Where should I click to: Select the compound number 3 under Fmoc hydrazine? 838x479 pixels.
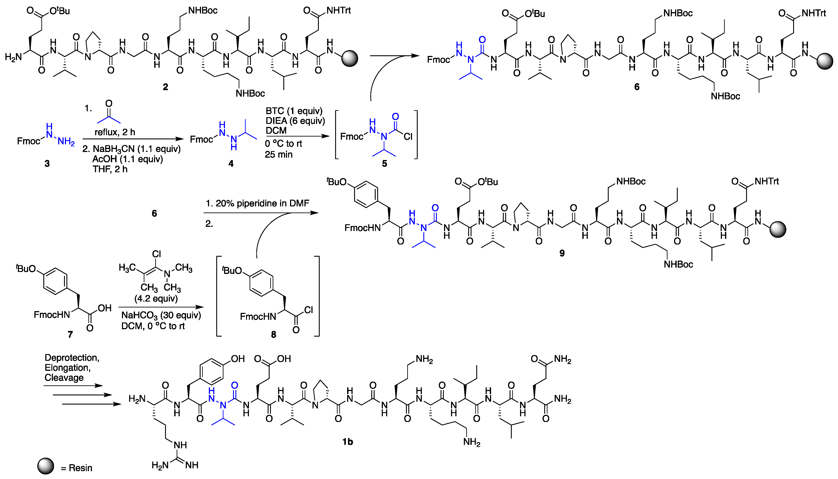(x=47, y=164)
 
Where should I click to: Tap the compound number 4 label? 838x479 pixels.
(x=231, y=164)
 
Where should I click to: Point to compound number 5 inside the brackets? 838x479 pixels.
(x=384, y=164)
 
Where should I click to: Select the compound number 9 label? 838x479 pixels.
(x=562, y=253)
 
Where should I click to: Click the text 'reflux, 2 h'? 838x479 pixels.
(x=115, y=132)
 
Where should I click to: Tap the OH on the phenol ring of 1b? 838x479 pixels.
(x=238, y=359)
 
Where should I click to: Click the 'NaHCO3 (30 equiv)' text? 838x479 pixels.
(x=161, y=315)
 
